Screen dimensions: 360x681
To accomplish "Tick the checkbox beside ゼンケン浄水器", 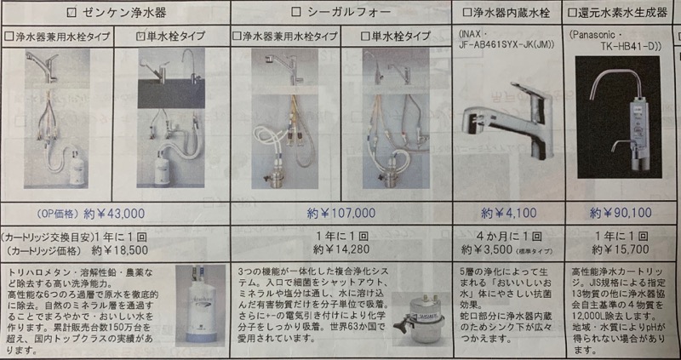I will pos(72,13).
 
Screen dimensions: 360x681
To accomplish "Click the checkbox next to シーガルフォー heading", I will pos(297,13).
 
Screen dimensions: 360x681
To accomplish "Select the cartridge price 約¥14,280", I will pos(344,251).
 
